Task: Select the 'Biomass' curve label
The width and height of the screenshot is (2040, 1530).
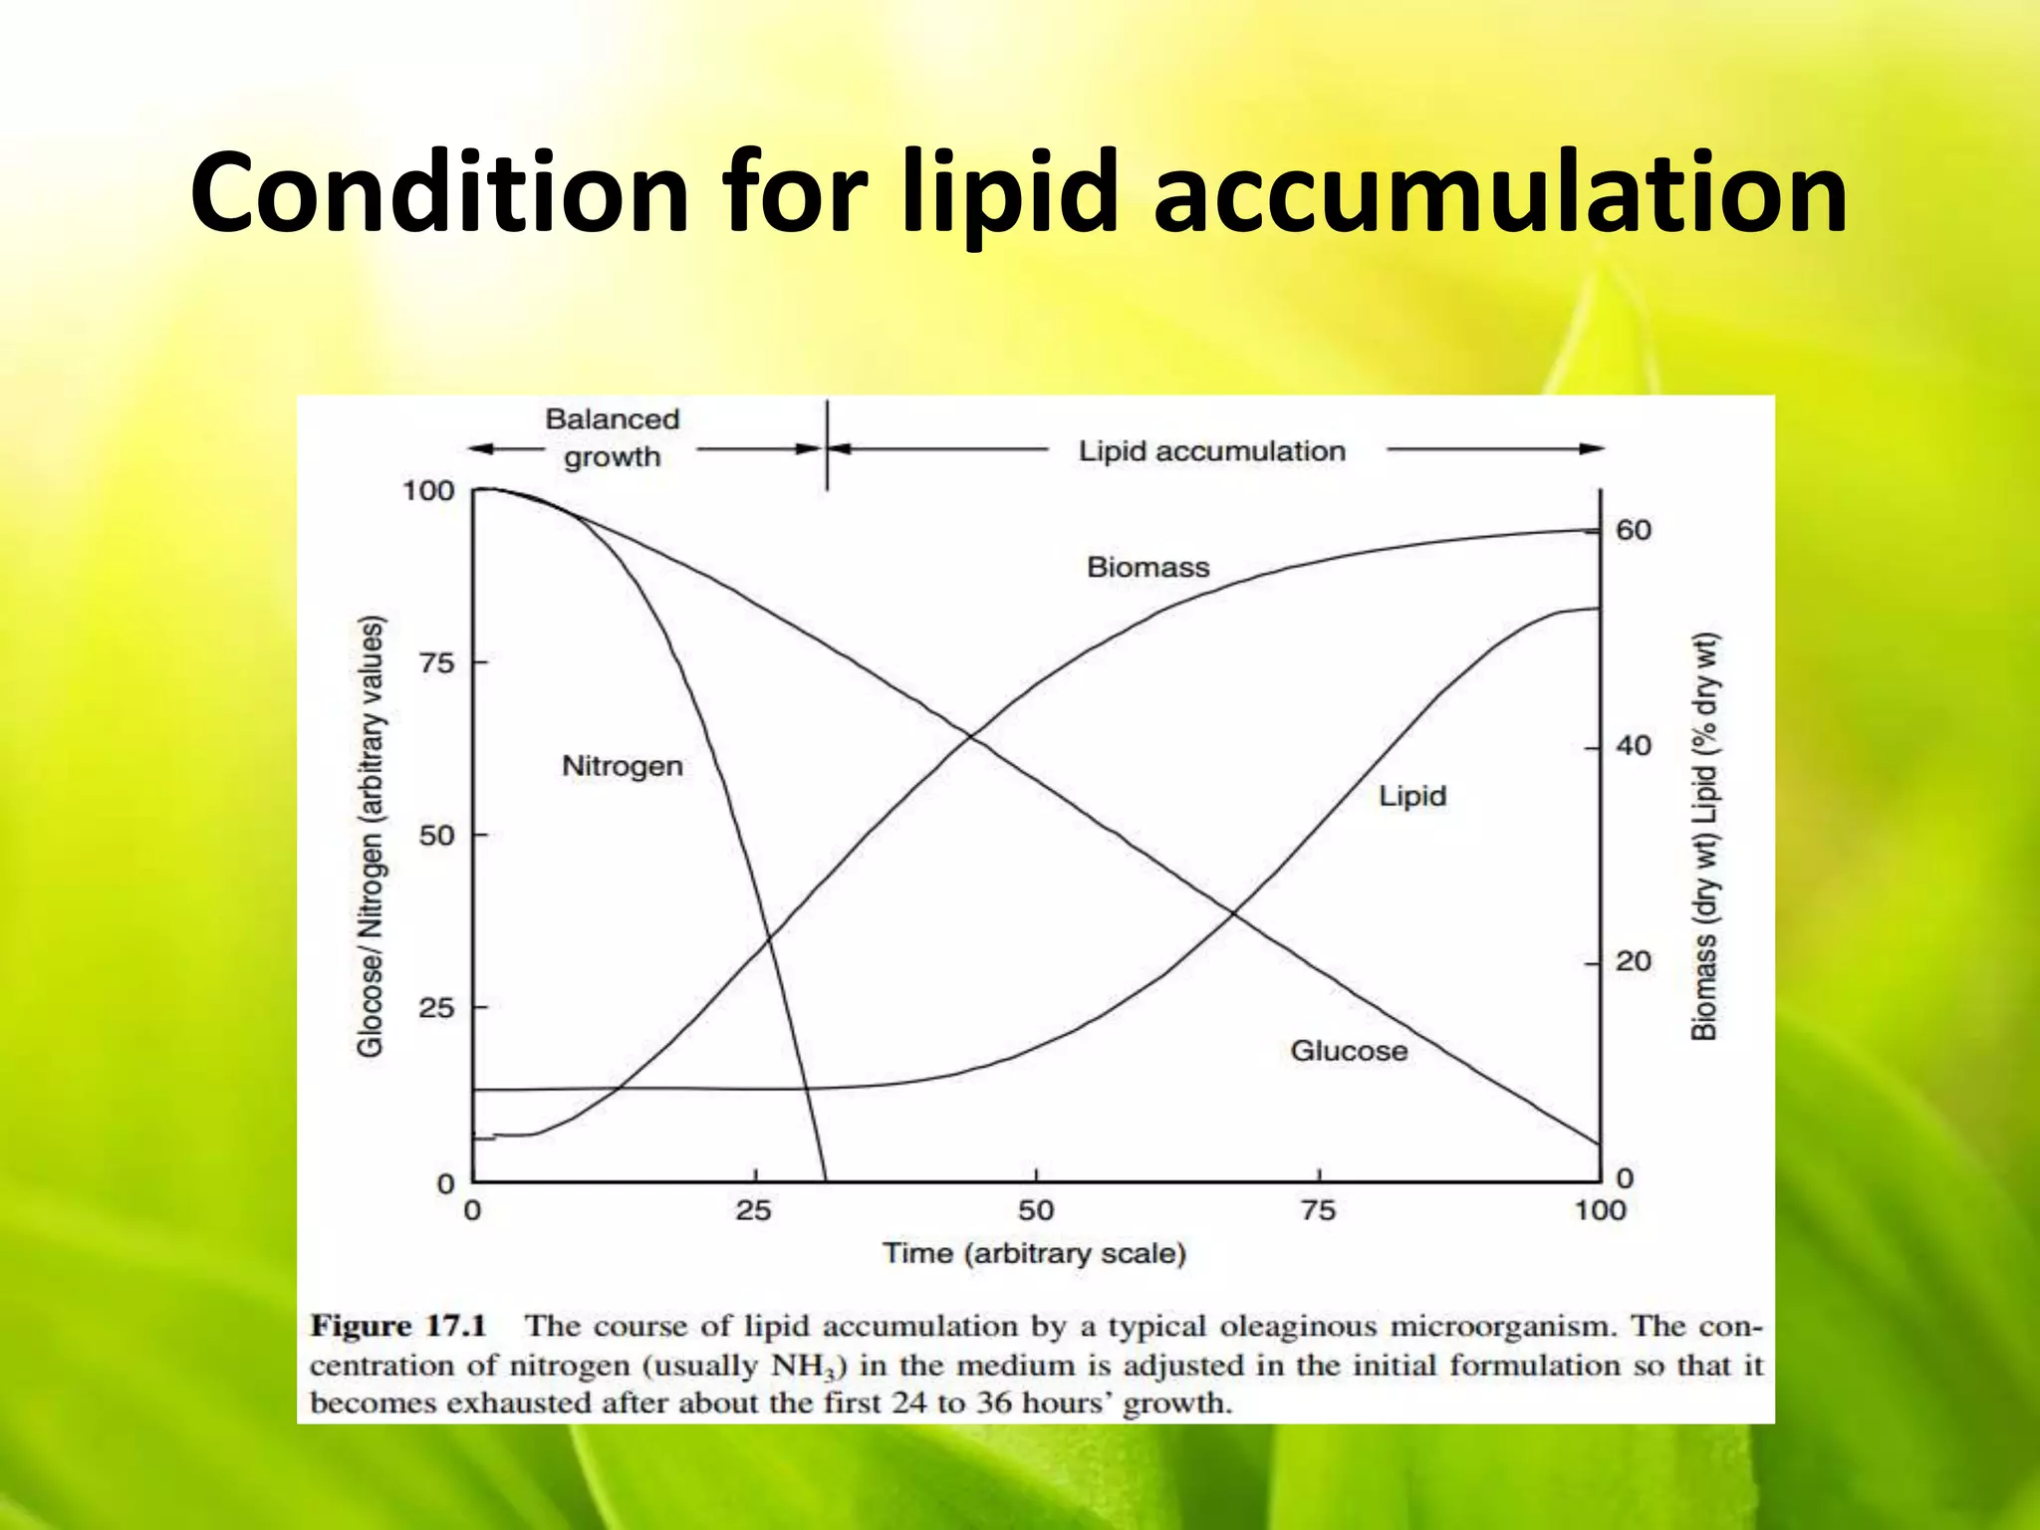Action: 1147,568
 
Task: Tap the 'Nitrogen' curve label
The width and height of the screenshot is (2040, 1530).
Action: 623,766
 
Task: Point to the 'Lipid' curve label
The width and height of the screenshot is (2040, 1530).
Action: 1411,796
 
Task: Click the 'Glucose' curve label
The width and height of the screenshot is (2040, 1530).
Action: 1349,1051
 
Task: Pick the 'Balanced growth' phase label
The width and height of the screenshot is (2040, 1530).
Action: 612,438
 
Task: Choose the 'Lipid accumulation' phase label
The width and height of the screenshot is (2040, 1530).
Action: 1211,451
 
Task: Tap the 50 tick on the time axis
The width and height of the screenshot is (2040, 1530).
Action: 1036,1210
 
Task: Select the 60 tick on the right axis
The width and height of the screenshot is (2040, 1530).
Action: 1634,530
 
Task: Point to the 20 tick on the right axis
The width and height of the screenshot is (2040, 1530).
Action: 1634,962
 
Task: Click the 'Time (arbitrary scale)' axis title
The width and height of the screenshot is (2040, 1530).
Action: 1034,1253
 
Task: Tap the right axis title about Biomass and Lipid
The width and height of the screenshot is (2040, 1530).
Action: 1705,837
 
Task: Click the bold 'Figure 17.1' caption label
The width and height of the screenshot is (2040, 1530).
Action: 398,1326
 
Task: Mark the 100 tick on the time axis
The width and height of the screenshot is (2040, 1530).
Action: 1600,1210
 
